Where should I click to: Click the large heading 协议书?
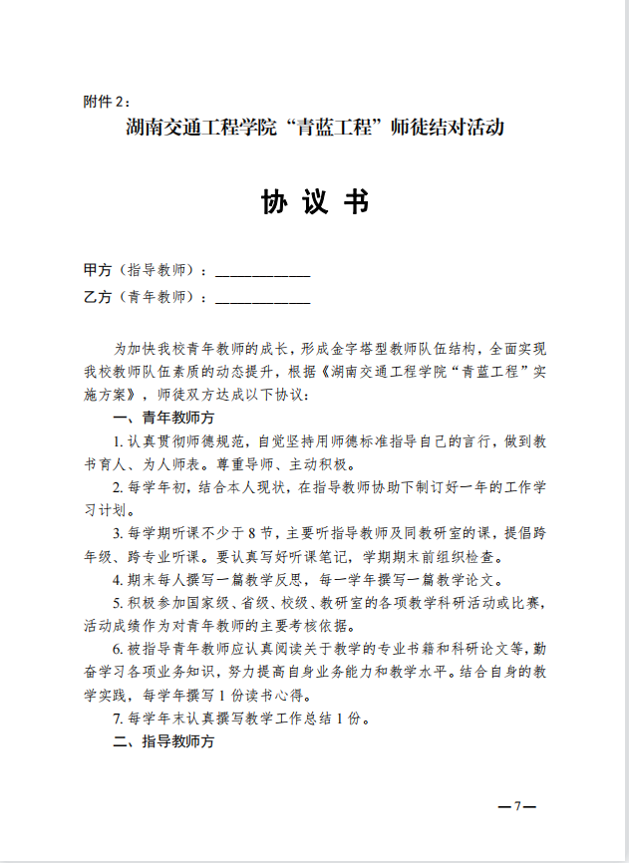point(315,201)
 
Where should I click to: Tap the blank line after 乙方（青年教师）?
point(262,297)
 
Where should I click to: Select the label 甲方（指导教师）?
point(146,270)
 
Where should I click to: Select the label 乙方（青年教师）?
point(146,296)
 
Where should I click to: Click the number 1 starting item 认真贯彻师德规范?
point(119,441)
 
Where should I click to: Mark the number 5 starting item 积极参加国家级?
point(119,603)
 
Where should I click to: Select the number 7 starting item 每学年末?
point(119,719)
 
